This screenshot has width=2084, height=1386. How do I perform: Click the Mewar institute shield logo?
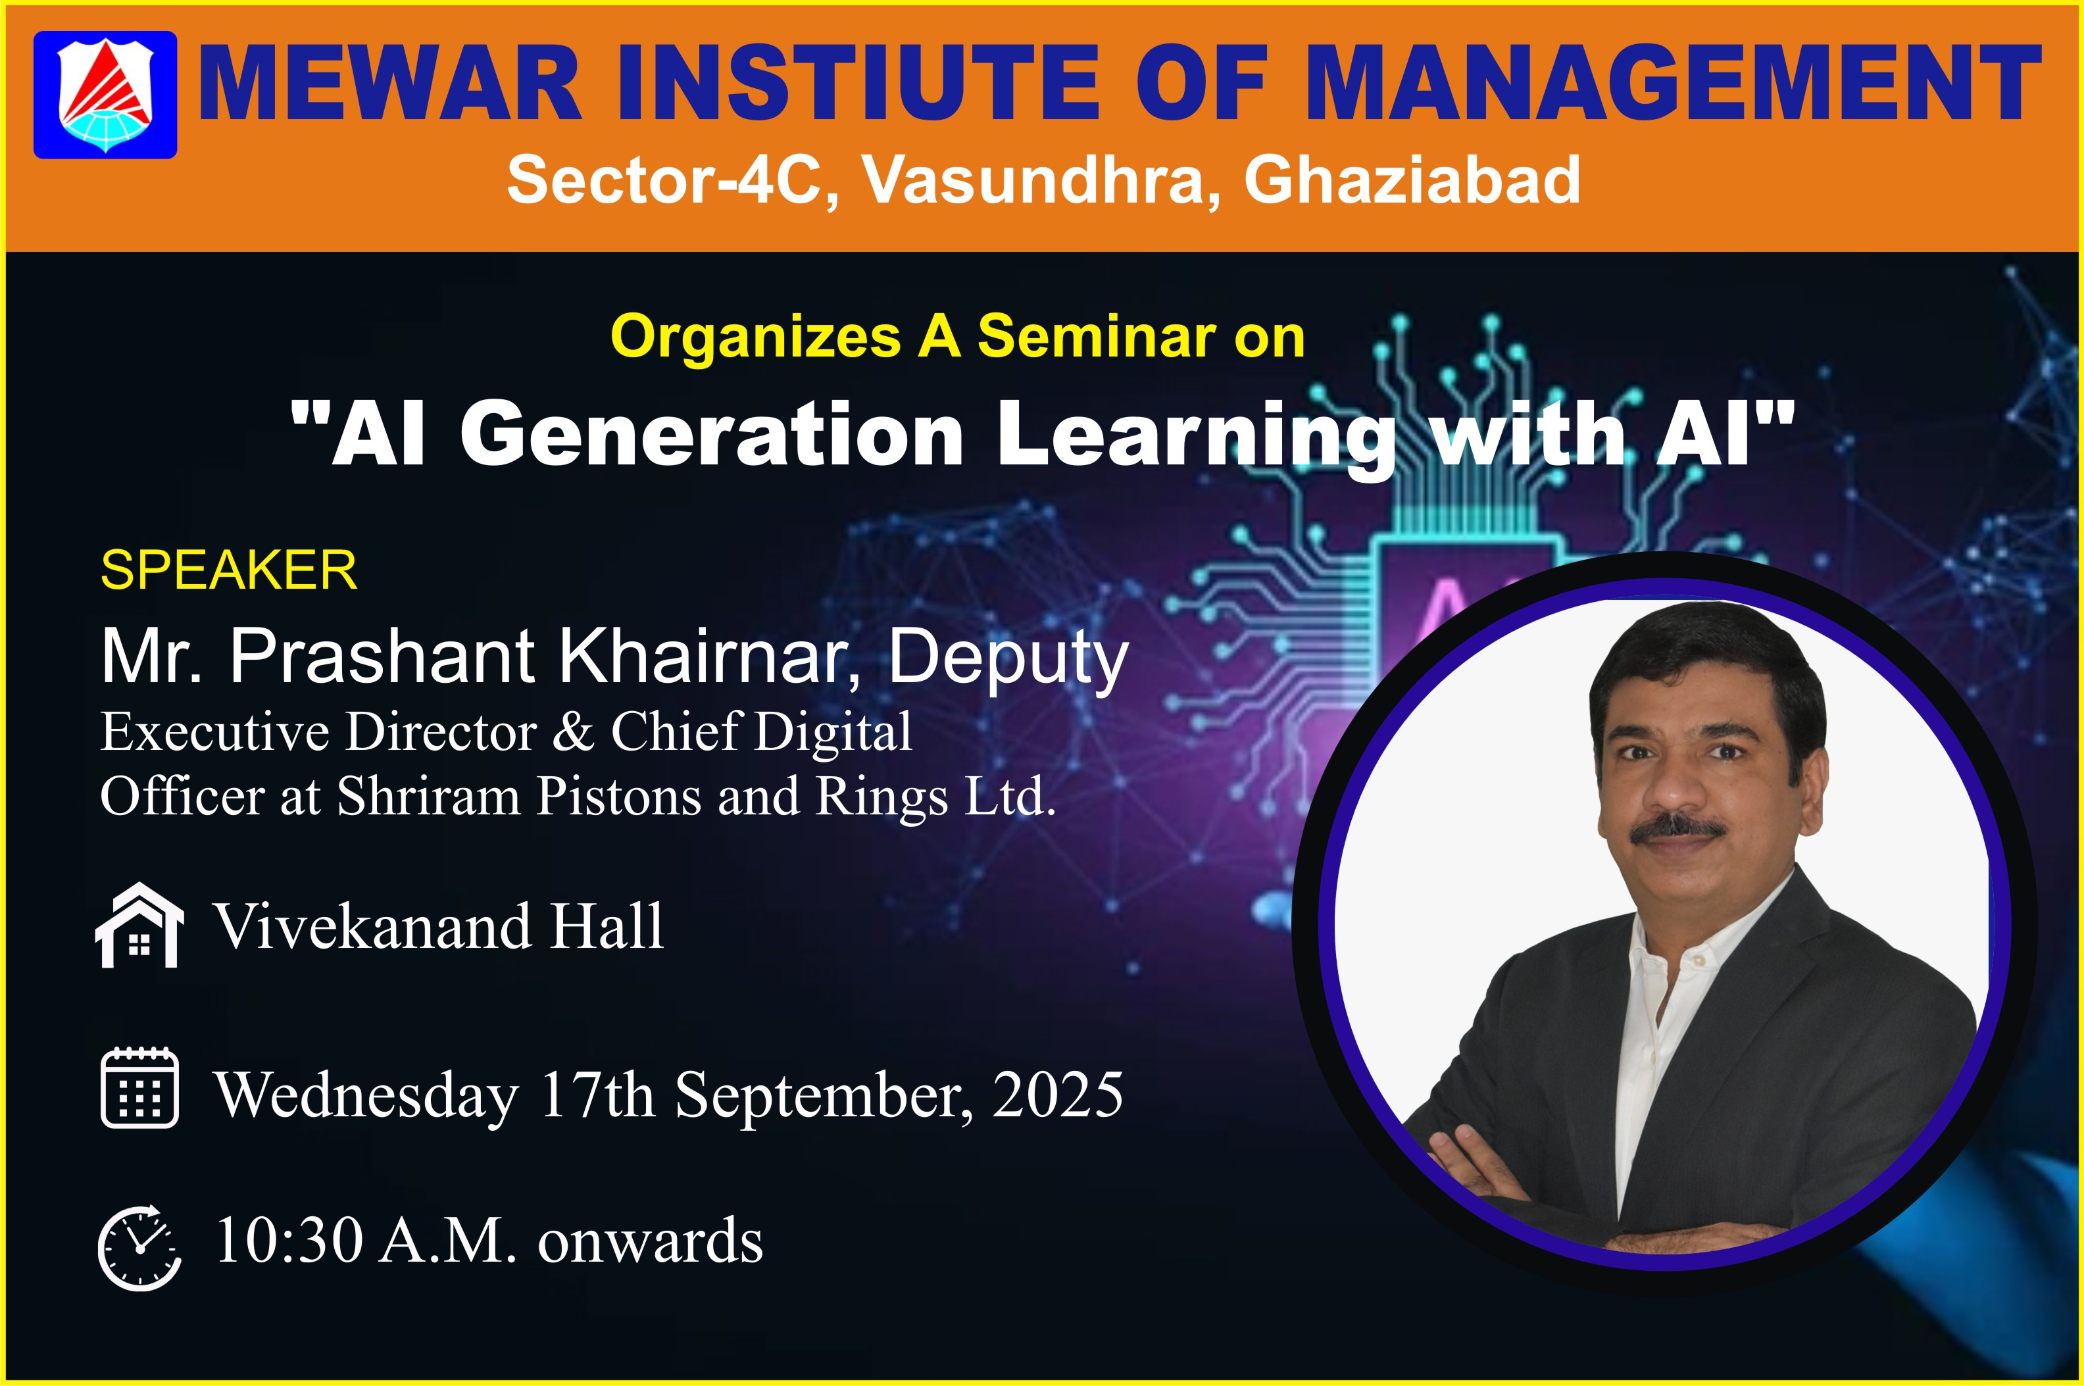(105, 95)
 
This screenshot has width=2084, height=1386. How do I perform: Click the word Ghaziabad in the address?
(1412, 180)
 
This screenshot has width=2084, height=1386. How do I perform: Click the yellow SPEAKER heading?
(229, 570)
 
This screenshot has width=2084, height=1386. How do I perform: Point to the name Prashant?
(382, 656)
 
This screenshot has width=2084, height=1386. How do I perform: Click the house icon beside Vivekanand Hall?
(139, 926)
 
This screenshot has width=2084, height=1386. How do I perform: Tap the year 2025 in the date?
(1058, 1095)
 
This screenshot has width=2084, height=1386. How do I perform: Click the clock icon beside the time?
(139, 1247)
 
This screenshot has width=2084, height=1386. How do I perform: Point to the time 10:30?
(289, 1239)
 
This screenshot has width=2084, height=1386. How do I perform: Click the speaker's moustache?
(1677, 830)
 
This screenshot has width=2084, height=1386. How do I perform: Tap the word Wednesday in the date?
(367, 1096)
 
